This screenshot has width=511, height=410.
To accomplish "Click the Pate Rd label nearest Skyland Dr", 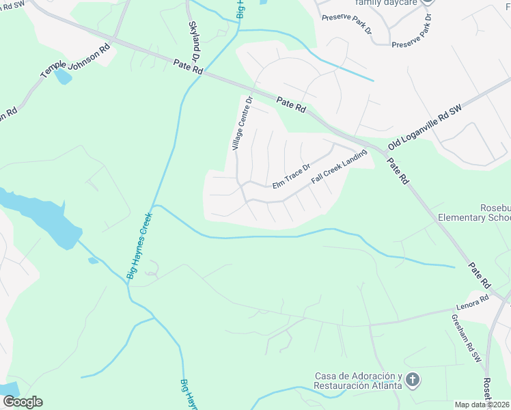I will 189,67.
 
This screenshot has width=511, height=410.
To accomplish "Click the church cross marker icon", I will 412,379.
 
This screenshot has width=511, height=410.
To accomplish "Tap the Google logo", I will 22,402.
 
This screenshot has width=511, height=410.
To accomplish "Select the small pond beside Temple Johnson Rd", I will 63,76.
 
